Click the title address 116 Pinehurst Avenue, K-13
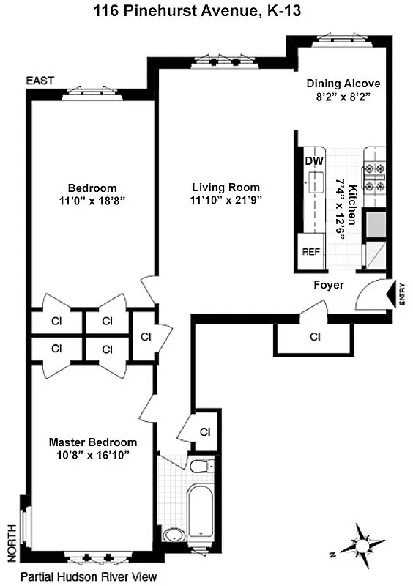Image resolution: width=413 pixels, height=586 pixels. point(206,12)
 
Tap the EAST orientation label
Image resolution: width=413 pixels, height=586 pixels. point(40,81)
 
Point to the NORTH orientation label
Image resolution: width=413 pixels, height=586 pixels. point(10,538)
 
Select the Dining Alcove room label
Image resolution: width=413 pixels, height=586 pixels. point(343,84)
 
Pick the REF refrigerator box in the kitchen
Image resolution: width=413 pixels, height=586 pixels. point(311,251)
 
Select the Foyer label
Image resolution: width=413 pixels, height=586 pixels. point(329,285)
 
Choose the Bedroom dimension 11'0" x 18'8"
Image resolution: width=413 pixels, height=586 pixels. point(92,199)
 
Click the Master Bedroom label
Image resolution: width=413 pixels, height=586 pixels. point(92,442)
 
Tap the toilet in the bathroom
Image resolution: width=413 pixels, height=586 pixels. point(198,466)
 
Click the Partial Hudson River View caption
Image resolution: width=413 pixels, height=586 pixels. point(89,576)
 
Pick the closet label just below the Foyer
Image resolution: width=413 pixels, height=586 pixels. point(315,338)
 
